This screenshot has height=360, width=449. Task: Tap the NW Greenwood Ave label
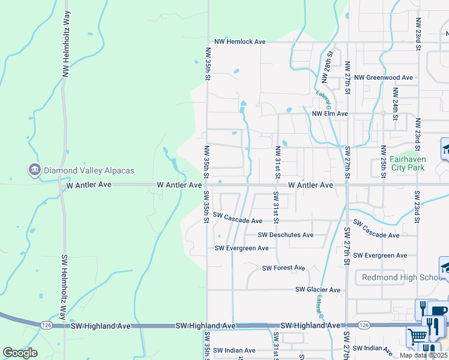click(384, 78)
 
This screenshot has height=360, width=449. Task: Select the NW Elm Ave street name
click(329, 113)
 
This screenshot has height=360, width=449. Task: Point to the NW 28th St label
click(327, 70)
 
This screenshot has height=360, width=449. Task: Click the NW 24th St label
click(395, 104)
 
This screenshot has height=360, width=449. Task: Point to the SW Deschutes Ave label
click(286, 235)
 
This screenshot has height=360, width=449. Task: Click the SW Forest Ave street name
click(283, 268)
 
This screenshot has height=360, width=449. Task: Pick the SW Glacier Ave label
click(318, 290)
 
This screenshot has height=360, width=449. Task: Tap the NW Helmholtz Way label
click(67, 46)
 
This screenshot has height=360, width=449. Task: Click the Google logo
click(20, 353)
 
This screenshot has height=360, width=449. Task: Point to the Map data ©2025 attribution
click(423, 355)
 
